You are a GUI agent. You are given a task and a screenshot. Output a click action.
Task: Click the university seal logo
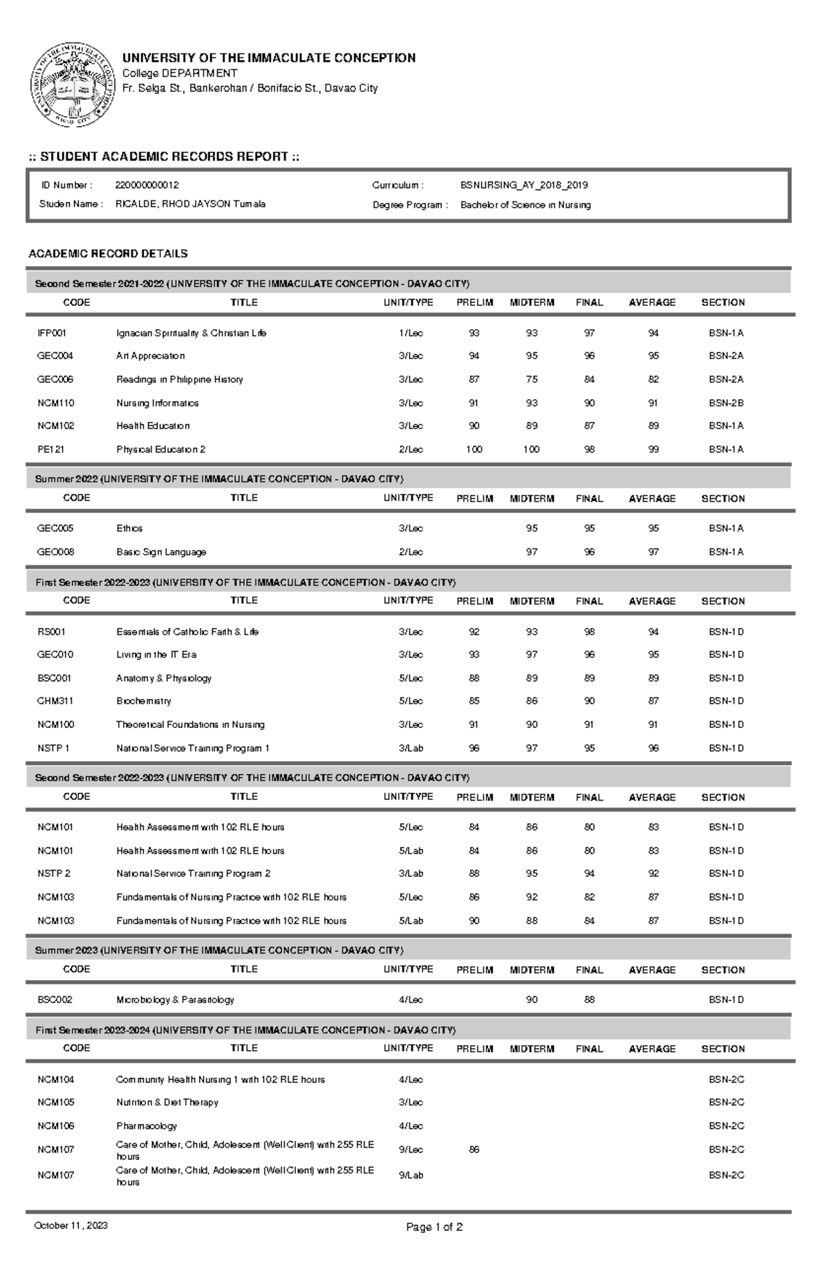click(72, 85)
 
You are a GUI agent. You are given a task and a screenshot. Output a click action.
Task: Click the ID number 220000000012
click(147, 185)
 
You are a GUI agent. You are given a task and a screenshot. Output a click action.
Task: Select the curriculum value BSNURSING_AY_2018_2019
click(524, 185)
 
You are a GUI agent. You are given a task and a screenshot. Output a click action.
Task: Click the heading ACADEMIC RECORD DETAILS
click(108, 254)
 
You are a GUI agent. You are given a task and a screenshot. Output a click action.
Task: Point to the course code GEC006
click(55, 379)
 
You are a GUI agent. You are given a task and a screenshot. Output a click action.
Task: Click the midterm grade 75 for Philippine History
click(531, 379)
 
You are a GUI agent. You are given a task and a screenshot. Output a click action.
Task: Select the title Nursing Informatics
click(157, 403)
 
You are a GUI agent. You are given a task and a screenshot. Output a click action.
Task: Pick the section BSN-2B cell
click(726, 403)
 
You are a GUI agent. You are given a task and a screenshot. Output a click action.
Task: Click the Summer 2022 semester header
click(219, 479)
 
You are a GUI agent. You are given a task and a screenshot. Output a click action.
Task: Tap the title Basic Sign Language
click(161, 552)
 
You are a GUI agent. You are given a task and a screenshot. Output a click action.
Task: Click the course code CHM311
click(55, 701)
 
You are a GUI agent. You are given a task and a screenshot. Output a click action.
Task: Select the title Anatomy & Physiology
click(163, 678)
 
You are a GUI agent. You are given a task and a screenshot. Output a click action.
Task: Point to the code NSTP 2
click(54, 873)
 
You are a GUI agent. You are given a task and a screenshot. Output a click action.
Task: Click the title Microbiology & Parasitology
click(175, 1000)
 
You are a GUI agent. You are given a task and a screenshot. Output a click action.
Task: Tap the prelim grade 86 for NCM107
click(474, 1149)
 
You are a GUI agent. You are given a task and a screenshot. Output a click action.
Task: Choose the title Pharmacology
click(146, 1126)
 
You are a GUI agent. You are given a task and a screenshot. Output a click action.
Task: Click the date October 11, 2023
click(71, 1225)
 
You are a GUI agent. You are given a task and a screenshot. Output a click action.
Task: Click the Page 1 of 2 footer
click(434, 1227)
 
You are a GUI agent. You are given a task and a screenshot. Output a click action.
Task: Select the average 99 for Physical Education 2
click(653, 449)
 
